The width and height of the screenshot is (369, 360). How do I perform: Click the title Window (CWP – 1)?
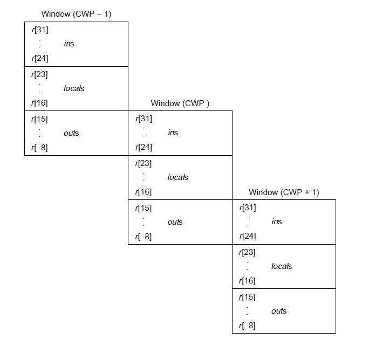click(76, 14)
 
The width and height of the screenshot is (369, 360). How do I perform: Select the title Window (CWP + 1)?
click(284, 192)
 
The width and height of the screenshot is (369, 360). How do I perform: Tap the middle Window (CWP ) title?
click(180, 103)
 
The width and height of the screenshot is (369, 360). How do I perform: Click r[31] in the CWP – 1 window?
click(40, 30)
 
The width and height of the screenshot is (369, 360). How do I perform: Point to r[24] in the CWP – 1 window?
click(40, 58)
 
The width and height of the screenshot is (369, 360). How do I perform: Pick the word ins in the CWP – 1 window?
click(69, 44)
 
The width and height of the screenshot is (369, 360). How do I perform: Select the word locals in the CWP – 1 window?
click(74, 88)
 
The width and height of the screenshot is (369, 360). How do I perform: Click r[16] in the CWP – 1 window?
click(39, 103)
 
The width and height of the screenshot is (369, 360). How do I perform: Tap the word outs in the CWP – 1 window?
click(71, 133)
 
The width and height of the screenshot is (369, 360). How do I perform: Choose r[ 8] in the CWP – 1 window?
click(39, 148)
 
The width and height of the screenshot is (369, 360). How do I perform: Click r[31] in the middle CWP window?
click(144, 119)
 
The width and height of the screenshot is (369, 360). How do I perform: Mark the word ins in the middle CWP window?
click(173, 133)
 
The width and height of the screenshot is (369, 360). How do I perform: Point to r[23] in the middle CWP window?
click(143, 163)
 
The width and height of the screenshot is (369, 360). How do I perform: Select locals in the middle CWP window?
click(178, 177)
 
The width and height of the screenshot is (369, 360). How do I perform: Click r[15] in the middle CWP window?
click(143, 208)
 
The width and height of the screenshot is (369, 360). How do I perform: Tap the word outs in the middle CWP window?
click(175, 222)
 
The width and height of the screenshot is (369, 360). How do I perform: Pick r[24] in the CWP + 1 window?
click(248, 236)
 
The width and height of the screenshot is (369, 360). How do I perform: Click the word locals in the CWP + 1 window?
click(282, 266)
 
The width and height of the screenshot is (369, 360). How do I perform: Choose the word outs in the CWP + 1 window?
click(279, 311)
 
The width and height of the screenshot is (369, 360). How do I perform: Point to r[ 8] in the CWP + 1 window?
click(247, 326)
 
